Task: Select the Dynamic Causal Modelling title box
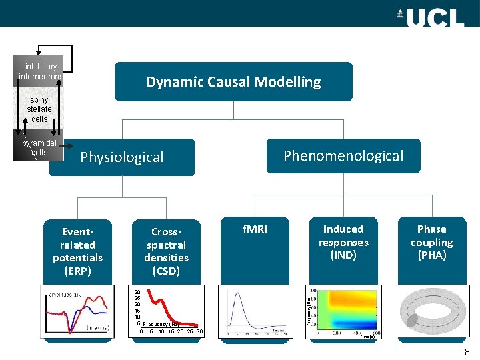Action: point(233,82)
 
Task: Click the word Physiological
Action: point(121,157)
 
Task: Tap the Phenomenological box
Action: point(343,156)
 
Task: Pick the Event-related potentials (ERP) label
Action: point(78,251)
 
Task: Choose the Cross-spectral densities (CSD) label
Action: point(166,251)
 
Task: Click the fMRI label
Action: point(254,229)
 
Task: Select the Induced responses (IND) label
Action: point(343,242)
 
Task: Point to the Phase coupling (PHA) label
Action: point(431,242)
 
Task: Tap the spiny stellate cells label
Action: point(39,109)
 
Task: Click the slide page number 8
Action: point(467,352)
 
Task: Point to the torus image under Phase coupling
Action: point(431,312)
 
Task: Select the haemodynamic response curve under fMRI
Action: point(255,312)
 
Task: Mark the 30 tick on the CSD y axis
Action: point(137,292)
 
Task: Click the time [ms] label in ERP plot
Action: point(97,327)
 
